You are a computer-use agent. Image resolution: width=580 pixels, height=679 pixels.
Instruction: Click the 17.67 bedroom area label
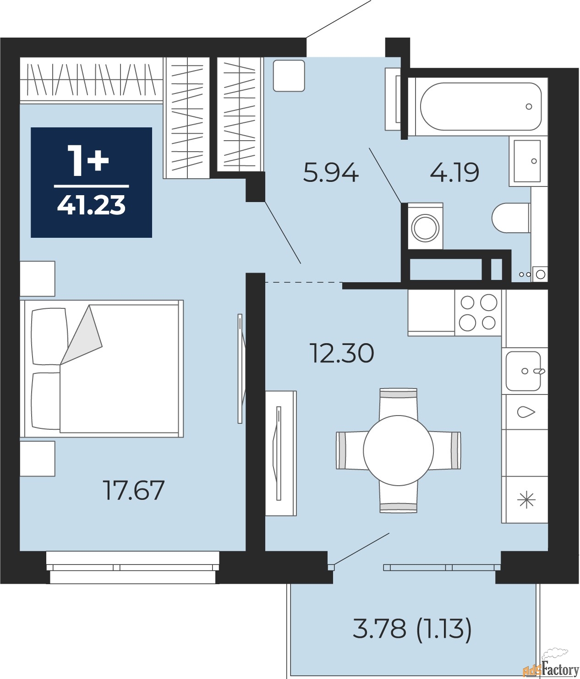[133, 490]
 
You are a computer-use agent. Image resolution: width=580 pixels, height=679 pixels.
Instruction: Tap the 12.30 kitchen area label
[342, 353]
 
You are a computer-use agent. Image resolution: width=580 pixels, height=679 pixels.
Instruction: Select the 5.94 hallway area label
[330, 173]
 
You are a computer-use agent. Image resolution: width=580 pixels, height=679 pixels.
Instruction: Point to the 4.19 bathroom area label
[454, 173]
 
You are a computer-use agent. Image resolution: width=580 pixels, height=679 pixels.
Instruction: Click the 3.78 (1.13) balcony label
[412, 628]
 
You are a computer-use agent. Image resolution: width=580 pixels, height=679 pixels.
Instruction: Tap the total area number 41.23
[91, 205]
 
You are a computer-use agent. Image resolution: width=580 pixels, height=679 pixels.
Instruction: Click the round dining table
[398, 450]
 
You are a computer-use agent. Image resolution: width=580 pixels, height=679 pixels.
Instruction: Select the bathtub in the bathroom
[480, 106]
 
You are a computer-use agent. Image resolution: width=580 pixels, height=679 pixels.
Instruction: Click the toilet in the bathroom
[511, 218]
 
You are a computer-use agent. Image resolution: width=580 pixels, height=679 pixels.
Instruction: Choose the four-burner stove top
[478, 312]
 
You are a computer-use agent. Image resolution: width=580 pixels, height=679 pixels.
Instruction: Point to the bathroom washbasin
[527, 161]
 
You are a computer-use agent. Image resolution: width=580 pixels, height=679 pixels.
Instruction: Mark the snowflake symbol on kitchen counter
[526, 499]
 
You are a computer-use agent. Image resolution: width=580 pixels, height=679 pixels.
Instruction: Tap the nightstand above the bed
[37, 279]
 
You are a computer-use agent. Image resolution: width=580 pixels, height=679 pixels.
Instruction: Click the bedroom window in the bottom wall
[132, 567]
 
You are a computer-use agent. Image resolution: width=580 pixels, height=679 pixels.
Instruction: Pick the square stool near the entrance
[289, 76]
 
